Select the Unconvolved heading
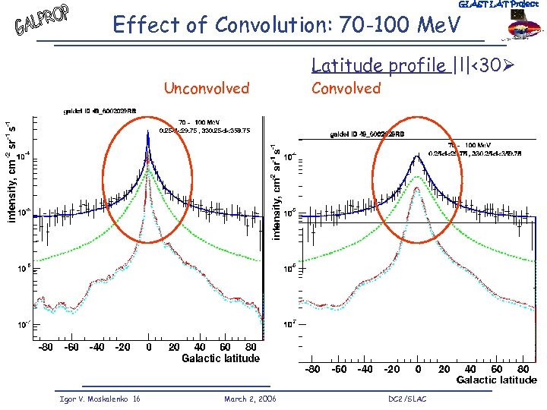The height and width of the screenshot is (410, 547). [x=207, y=88]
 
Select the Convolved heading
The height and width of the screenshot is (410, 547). [x=346, y=88]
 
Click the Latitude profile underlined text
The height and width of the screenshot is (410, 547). [x=380, y=66]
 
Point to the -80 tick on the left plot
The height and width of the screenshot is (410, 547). [x=46, y=347]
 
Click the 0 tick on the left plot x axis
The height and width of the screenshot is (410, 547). [x=148, y=347]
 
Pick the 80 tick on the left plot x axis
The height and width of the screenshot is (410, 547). [x=249, y=347]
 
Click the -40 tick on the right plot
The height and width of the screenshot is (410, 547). [x=365, y=369]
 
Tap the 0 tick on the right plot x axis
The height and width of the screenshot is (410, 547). [x=418, y=369]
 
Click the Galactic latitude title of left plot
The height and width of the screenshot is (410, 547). [x=220, y=358]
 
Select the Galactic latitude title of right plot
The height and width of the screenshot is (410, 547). [x=496, y=380]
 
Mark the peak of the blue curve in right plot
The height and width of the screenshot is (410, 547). [x=418, y=155]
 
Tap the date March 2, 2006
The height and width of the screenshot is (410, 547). [x=251, y=399]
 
